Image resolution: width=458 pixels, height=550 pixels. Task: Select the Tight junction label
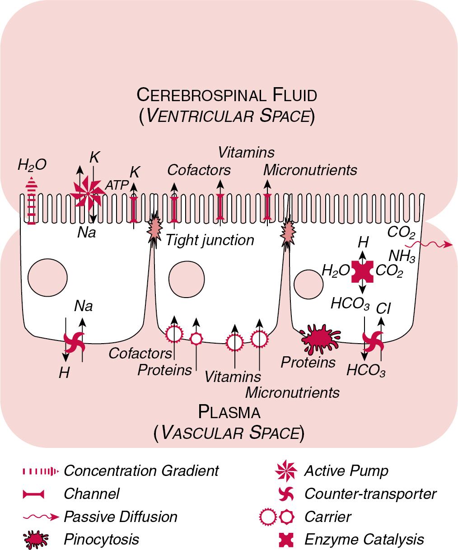coord(210,240)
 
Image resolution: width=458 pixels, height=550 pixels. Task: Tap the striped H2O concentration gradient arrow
coord(31,200)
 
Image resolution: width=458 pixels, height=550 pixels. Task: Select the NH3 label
coord(402,256)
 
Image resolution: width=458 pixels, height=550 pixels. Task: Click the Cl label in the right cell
coord(383,309)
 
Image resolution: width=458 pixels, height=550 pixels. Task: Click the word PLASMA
coord(229,412)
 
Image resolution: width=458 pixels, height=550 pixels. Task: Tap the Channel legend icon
coord(33,494)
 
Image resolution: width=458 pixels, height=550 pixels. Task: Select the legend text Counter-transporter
coord(370,494)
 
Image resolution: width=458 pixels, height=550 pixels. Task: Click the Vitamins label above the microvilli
coord(246,152)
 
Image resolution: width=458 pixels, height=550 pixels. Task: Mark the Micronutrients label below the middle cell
coord(292,392)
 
